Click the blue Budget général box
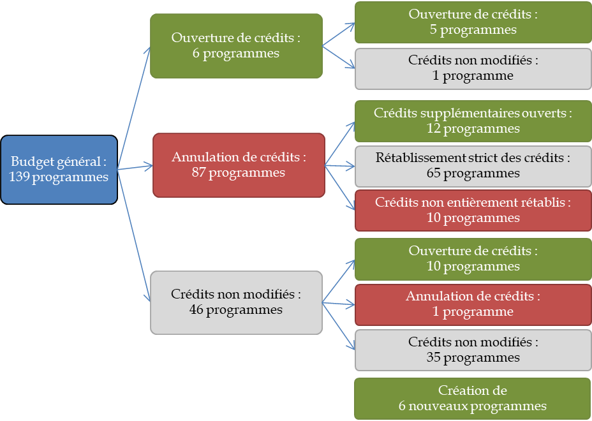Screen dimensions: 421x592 (59, 170)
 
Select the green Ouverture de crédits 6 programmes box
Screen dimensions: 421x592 (236, 46)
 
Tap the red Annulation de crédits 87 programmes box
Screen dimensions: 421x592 (239, 165)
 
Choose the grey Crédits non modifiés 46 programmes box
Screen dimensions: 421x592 (236, 302)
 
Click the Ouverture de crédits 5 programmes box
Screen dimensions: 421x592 (473, 22)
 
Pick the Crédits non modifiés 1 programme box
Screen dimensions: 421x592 (473, 68)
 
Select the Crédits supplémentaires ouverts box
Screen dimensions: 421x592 (473, 121)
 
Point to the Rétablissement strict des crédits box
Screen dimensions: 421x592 (473, 166)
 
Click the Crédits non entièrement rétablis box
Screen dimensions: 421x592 (473, 211)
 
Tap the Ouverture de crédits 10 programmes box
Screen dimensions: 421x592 (473, 259)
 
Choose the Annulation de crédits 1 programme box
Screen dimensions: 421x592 (473, 304)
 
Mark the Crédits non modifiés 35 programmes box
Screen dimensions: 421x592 (473, 350)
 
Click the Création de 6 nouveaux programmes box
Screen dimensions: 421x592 (473, 398)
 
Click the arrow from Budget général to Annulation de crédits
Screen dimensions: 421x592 (135, 168)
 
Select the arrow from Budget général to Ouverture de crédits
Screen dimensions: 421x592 (134, 108)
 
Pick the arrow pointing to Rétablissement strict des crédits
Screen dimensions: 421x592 (341, 166)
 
